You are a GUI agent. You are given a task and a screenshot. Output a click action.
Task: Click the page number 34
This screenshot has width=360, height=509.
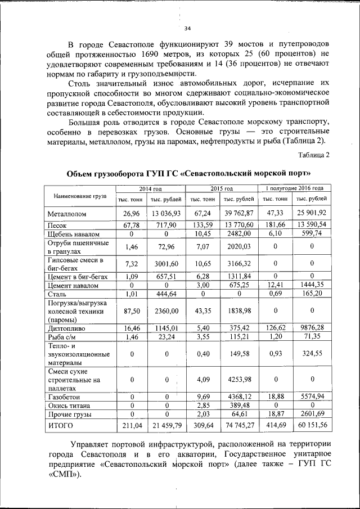[188, 29]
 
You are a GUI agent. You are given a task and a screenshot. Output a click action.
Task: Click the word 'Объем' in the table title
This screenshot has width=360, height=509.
[83, 172]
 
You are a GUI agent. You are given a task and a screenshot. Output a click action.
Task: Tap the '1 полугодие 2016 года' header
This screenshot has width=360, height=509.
[295, 188]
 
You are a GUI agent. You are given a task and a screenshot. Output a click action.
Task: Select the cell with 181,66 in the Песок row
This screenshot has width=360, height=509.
[276, 225]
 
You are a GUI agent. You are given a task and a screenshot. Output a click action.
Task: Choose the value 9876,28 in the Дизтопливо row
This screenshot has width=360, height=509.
[312, 327]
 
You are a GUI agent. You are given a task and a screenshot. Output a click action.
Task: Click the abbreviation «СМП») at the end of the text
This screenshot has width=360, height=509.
[62, 474]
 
